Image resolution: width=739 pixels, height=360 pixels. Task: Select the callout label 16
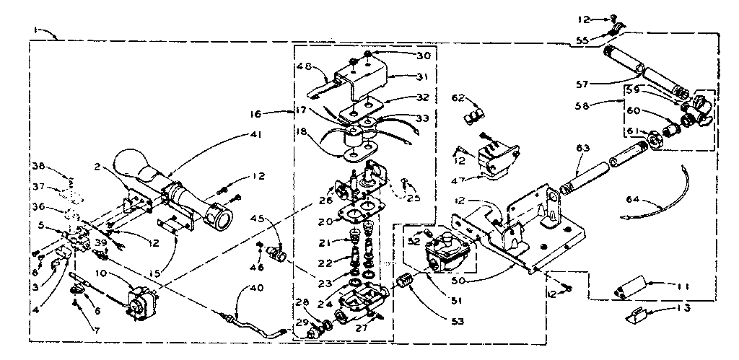tap(278, 113)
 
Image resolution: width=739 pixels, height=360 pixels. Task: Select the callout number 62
tap(460, 98)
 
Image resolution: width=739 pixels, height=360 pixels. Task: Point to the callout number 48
tap(304, 67)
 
